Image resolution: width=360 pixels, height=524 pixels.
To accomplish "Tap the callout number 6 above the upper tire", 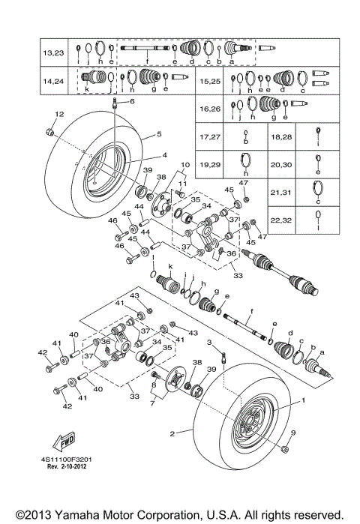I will pyautogui.click(x=132, y=100).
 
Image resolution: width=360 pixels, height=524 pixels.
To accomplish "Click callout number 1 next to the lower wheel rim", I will pyautogui.click(x=303, y=400).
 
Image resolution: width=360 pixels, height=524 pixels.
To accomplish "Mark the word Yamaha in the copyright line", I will pyautogui.click(x=89, y=514).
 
